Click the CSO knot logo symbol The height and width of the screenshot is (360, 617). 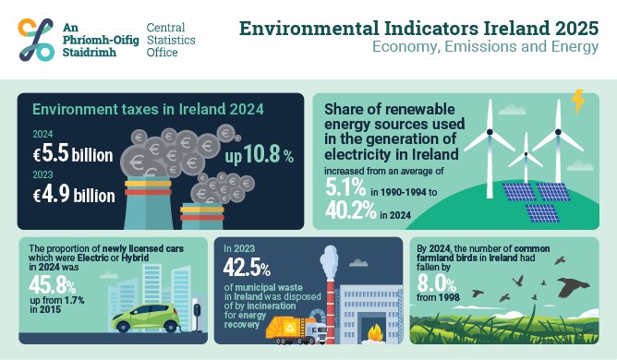click(35, 38)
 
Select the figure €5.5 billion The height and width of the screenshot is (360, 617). click(75, 155)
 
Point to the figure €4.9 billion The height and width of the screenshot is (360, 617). click(75, 194)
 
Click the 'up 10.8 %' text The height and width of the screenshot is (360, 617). click(260, 155)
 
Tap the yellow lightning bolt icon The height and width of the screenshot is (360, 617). click(578, 100)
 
